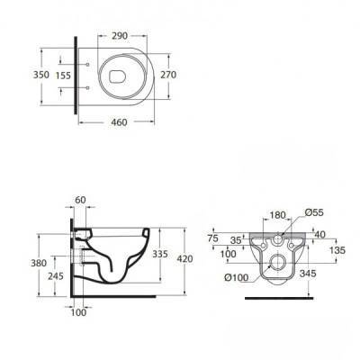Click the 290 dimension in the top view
pos(120,36)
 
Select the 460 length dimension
pos(119,122)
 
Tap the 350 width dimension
pos(41,75)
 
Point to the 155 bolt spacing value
pos(63,76)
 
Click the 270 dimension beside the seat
pos(168,75)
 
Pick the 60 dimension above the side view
pos(80,200)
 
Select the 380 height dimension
pos(39,263)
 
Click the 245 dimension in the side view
pos(56,275)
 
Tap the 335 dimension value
pos(160,254)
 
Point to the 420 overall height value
pos(184,258)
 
